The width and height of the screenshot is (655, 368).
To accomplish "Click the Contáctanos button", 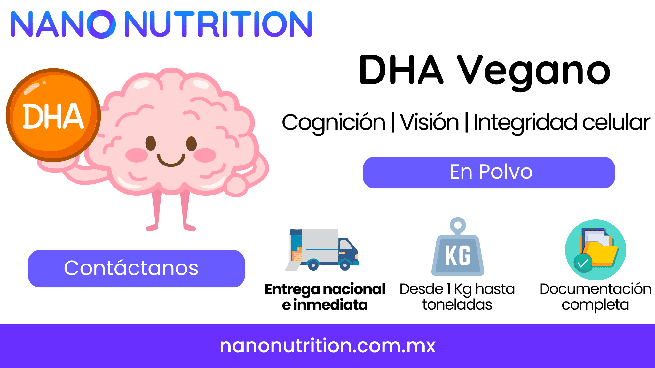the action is coord(137,269).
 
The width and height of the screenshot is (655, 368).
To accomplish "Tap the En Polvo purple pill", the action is coord(489,172).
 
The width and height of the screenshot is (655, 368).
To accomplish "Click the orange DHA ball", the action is coord(53,115).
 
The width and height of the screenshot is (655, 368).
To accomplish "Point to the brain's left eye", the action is coord(151,143).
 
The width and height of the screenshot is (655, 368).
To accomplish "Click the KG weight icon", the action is coord(458,247).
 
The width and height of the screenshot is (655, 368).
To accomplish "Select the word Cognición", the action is coord(334,123).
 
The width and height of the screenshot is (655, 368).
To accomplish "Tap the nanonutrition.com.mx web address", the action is coord(327,346).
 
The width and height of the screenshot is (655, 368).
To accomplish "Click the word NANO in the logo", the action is coord(63,24).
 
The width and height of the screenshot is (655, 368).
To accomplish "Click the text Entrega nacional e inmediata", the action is coord(325,297).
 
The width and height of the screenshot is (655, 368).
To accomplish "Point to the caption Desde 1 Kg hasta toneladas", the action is coord(457,297).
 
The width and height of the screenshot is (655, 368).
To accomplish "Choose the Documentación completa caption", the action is coord(596,297).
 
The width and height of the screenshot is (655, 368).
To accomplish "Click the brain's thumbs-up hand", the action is coord(236,186).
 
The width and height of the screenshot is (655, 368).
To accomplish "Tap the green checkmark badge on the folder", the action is coord(583,263).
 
